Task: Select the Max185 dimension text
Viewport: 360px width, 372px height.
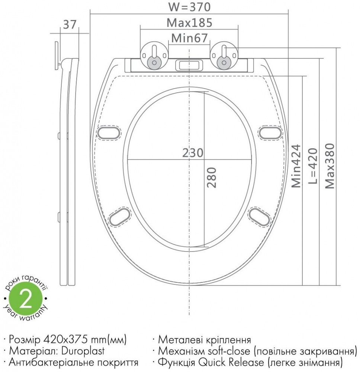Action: [189, 23]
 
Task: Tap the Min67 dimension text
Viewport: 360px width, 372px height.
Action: [189, 38]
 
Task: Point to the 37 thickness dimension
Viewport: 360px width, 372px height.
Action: [70, 25]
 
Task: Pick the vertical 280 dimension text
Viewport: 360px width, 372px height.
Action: [211, 177]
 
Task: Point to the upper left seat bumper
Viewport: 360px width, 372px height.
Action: [109, 133]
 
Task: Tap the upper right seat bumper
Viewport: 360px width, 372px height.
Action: [270, 133]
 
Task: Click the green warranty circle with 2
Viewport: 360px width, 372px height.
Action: [25, 300]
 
